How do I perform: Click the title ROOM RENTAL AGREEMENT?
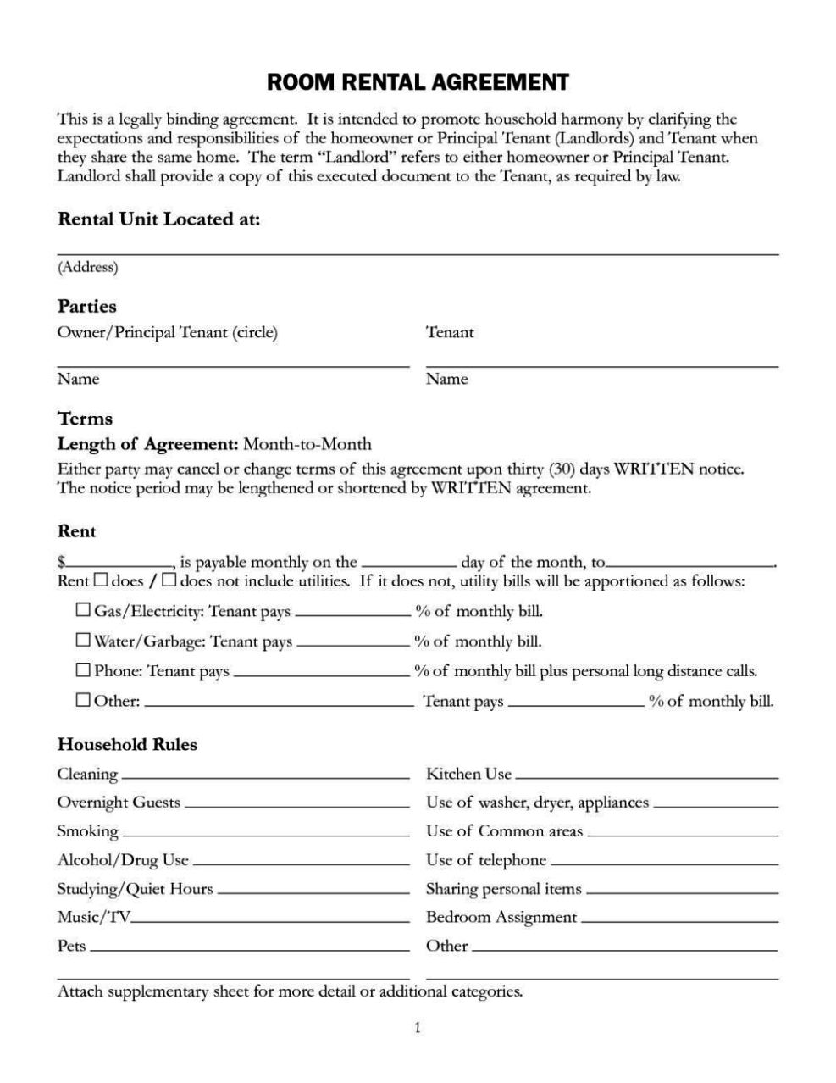(x=418, y=82)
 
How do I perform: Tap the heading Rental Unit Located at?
(x=158, y=219)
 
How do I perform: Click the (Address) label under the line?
(x=87, y=268)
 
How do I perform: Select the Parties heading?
(x=86, y=306)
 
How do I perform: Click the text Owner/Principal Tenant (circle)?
(x=167, y=332)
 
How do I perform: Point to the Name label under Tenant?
(x=446, y=379)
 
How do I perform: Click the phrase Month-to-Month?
(x=307, y=443)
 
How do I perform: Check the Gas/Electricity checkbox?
(x=83, y=609)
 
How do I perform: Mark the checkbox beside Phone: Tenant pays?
(x=83, y=669)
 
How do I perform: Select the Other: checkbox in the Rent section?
(x=83, y=700)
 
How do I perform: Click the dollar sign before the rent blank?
(x=61, y=562)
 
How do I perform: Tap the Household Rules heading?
(x=127, y=744)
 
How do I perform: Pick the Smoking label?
(x=87, y=831)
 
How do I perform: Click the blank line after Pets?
(x=249, y=950)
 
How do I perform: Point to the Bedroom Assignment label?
(x=501, y=917)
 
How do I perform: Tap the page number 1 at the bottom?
(x=418, y=1028)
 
